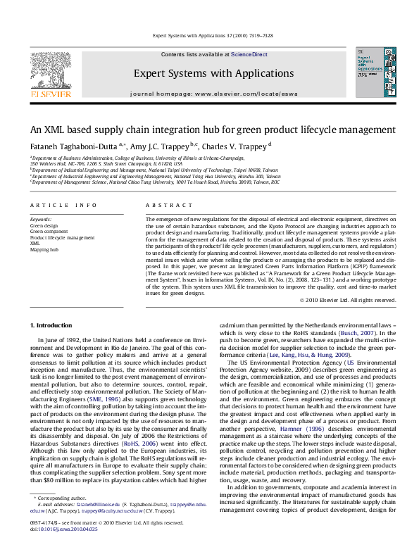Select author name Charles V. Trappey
click(x=236, y=146)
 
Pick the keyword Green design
click(x=43, y=226)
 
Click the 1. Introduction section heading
click(x=54, y=325)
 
